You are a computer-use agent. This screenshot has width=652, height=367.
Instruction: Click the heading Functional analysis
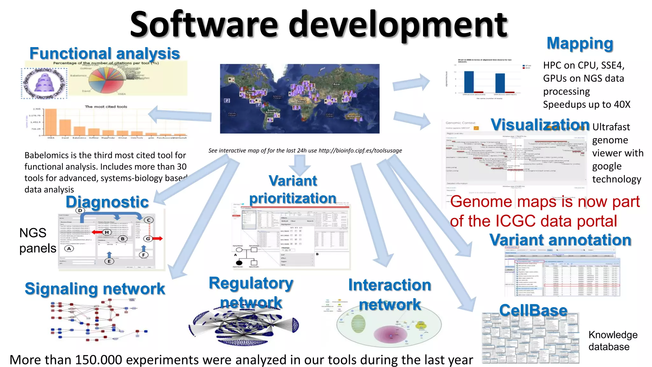pyautogui.click(x=104, y=54)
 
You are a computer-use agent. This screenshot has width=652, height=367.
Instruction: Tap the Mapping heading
pyautogui.click(x=580, y=44)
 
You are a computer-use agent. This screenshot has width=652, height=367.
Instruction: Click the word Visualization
pyautogui.click(x=540, y=125)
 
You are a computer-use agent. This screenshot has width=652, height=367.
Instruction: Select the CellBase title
pyautogui.click(x=533, y=310)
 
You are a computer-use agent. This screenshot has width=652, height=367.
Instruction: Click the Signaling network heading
pyautogui.click(x=95, y=289)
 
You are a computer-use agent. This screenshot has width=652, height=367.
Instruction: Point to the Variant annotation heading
pyautogui.click(x=560, y=240)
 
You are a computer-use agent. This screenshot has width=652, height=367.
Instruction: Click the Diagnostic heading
pyautogui.click(x=107, y=202)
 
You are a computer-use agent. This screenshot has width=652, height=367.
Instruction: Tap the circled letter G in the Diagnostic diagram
pyautogui.click(x=148, y=239)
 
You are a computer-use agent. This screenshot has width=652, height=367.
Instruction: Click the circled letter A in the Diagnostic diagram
pyautogui.click(x=69, y=248)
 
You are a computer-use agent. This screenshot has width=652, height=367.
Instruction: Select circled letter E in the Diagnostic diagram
pyautogui.click(x=109, y=261)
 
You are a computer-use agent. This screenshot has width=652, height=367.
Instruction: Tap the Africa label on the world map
pyautogui.click(x=301, y=101)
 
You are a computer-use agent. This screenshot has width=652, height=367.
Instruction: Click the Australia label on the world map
pyautogui.click(x=353, y=116)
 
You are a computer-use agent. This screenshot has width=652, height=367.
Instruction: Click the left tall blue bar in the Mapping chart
pyautogui.click(x=469, y=82)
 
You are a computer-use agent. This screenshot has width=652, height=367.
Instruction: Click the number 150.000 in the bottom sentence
pyautogui.click(x=98, y=360)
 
